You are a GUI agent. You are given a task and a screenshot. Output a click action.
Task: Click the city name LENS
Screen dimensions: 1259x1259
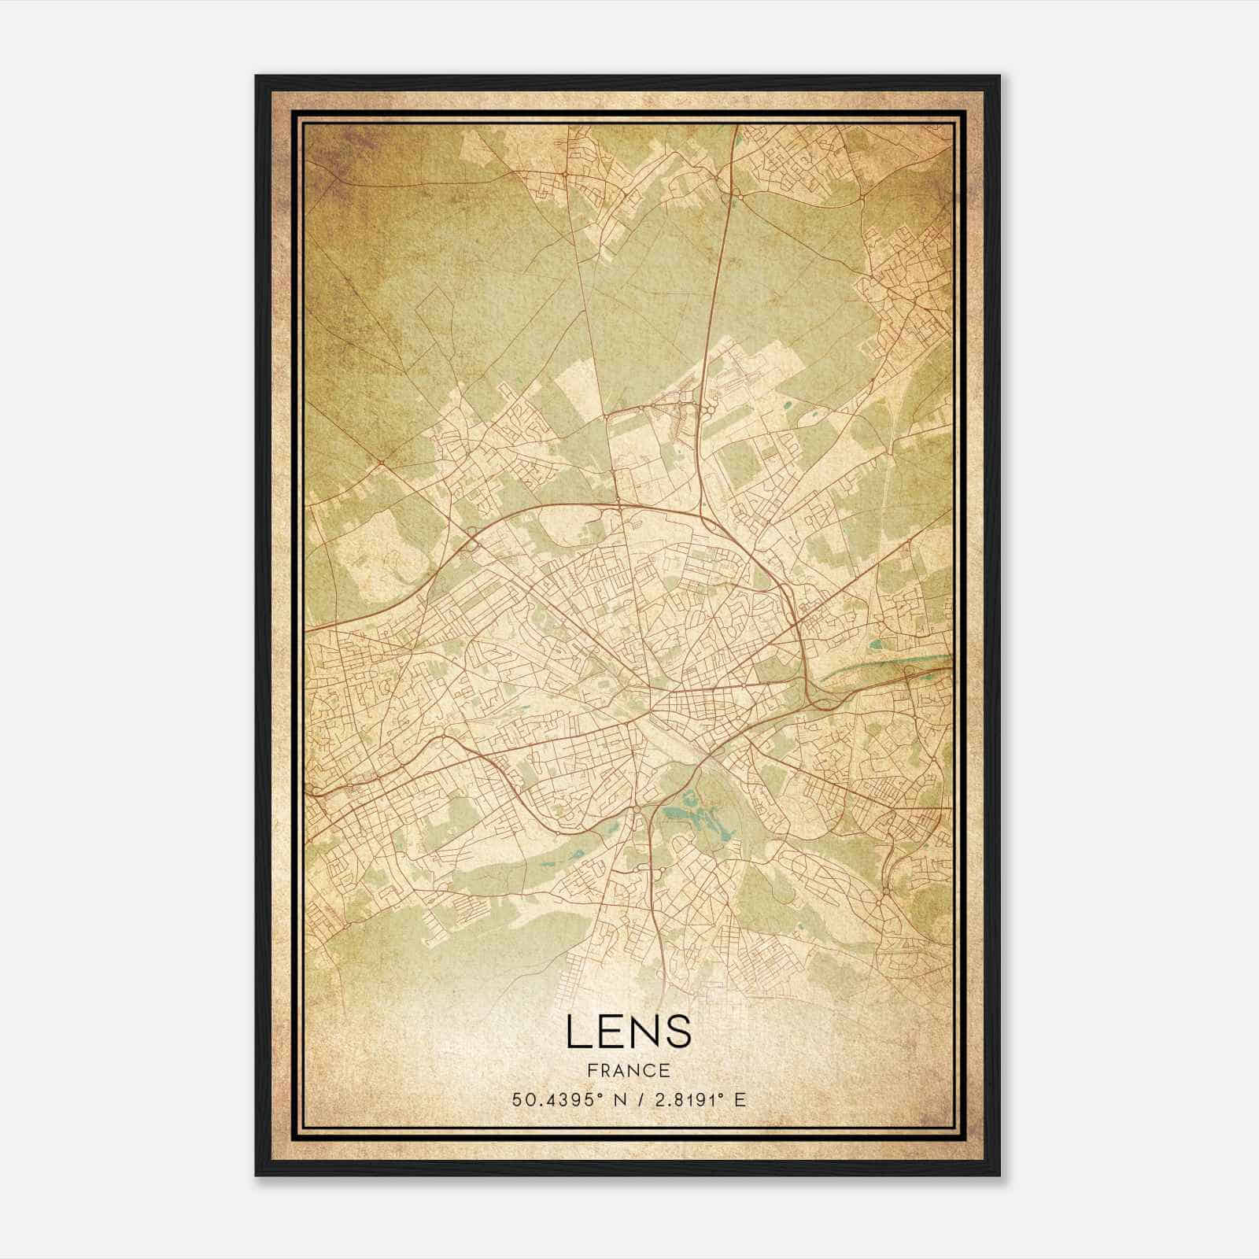(x=628, y=1032)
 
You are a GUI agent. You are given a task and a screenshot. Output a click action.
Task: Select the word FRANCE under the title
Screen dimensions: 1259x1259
(x=628, y=1070)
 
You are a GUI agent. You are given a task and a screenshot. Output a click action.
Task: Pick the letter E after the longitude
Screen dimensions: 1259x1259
(x=739, y=1100)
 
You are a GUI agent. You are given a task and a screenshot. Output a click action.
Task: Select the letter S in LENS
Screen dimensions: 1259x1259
(x=678, y=1032)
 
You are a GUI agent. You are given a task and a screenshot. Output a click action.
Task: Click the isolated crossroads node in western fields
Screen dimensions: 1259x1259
(x=379, y=462)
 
